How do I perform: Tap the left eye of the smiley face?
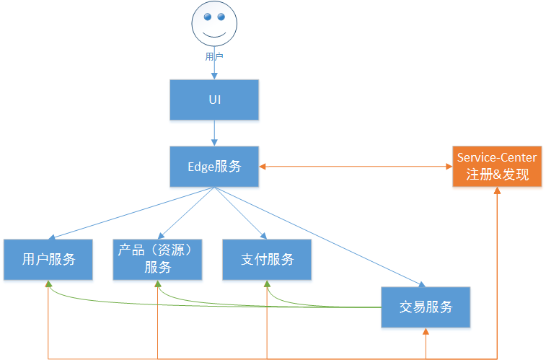click(x=207, y=17)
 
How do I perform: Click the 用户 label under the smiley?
click(x=214, y=56)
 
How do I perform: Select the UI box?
click(x=214, y=99)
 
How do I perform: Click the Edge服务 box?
click(x=214, y=167)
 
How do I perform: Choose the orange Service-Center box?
click(x=497, y=167)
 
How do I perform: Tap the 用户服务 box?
click(x=48, y=259)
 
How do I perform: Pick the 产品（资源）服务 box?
click(x=158, y=259)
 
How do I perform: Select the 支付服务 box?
click(x=267, y=259)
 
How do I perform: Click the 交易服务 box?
click(x=426, y=307)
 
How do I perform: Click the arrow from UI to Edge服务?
click(x=214, y=133)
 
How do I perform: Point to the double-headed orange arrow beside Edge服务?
click(x=356, y=167)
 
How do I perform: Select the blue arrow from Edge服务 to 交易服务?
click(x=317, y=235)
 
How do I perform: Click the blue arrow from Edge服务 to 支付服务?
click(x=240, y=212)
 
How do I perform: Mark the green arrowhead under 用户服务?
click(x=49, y=284)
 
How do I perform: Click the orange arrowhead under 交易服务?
click(x=426, y=331)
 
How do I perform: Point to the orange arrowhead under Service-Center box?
click(x=497, y=191)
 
